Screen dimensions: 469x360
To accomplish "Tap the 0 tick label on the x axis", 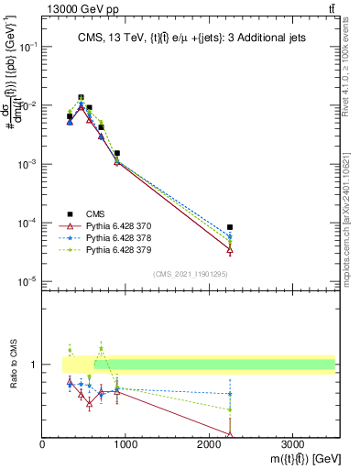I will [x=43, y=445].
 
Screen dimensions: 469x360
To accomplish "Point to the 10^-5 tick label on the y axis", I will [x=28, y=281].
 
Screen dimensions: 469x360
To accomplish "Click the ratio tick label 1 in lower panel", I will [x=36, y=365].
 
